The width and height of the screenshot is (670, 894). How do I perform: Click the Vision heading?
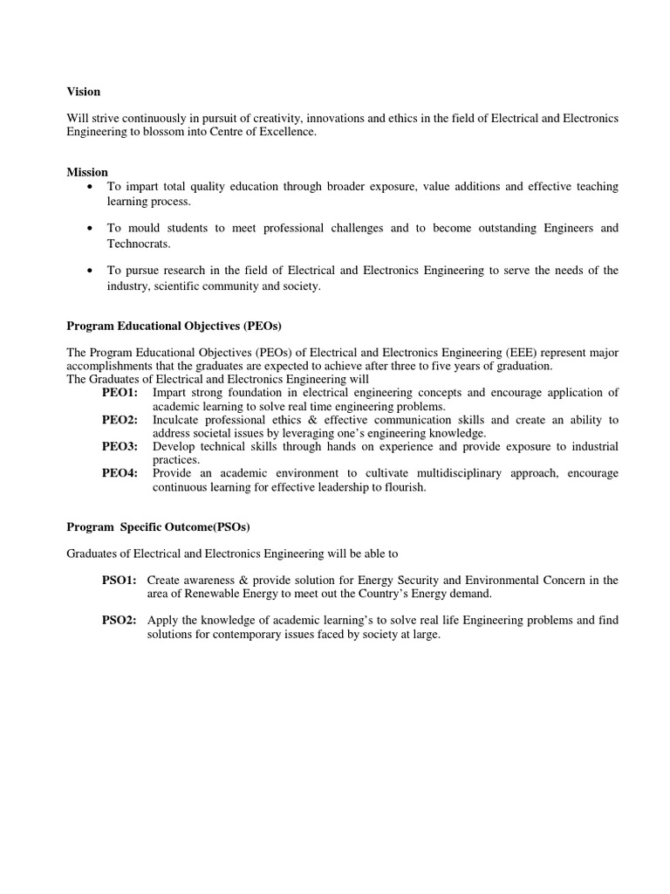tap(84, 92)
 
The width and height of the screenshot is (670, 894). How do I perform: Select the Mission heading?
tap(87, 172)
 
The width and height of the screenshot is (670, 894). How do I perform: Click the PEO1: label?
tap(120, 393)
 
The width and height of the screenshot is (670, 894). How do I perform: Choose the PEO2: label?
tap(120, 420)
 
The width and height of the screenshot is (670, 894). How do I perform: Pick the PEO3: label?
tap(120, 447)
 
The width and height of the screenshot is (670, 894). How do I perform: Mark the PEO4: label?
tap(120, 474)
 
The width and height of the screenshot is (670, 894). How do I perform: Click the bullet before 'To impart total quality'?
tap(91, 188)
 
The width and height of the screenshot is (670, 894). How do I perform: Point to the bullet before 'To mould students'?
tap(91, 229)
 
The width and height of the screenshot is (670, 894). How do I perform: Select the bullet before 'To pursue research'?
tap(91, 272)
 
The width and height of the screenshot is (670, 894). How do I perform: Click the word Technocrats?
tap(139, 244)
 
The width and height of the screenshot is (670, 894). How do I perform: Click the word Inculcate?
tap(180, 420)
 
